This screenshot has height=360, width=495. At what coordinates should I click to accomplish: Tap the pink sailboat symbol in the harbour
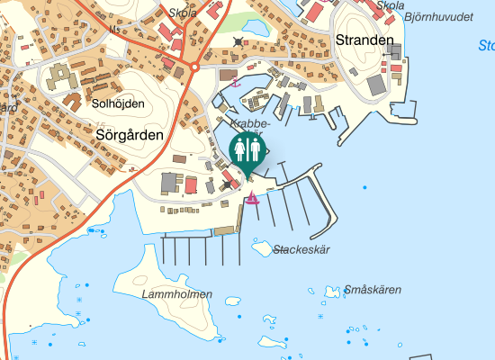pos(254,198)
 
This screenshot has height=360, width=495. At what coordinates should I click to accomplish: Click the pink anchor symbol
pos(237,83)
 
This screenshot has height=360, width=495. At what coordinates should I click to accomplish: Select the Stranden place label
pos(364,40)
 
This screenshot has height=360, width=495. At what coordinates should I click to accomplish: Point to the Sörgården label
pos(129,134)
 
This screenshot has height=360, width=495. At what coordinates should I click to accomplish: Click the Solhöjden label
pos(116,103)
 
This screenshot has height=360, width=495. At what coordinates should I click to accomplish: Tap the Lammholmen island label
pos(177,294)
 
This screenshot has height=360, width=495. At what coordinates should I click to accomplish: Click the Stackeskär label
pos(303,249)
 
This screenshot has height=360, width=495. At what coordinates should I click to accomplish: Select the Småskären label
pos(373,290)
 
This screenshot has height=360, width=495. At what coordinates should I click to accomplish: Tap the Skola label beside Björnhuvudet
pos(391,5)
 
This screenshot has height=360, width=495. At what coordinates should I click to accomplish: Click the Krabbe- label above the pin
pos(248,123)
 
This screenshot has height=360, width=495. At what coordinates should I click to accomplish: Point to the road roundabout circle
pos(194,67)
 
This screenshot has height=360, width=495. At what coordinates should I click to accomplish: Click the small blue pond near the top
pos(255,28)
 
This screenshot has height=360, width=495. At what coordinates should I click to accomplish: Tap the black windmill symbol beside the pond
pos(238,41)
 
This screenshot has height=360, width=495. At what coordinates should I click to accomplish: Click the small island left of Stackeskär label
pos(262,247)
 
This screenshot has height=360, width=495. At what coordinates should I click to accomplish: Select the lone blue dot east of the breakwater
pos(364,187)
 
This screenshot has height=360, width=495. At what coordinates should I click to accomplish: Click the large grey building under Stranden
pos(375,85)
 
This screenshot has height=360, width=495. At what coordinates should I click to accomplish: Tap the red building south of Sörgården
pos(191,185)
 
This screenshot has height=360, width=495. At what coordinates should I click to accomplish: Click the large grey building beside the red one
pos(168,183)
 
